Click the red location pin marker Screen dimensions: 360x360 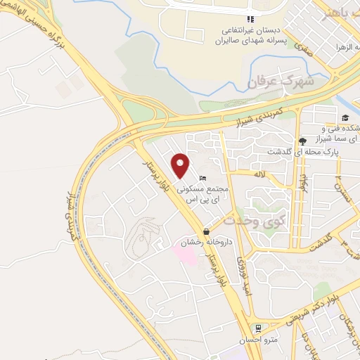coord(181,166)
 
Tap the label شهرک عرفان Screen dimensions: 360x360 coord(278,82)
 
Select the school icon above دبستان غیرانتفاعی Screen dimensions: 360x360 coord(250,19)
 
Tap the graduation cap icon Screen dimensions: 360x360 coord(345,117)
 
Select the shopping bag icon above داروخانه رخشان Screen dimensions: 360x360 coord(205,231)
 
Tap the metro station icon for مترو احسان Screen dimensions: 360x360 coord(259,328)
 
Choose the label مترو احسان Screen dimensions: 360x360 coord(259,340)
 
